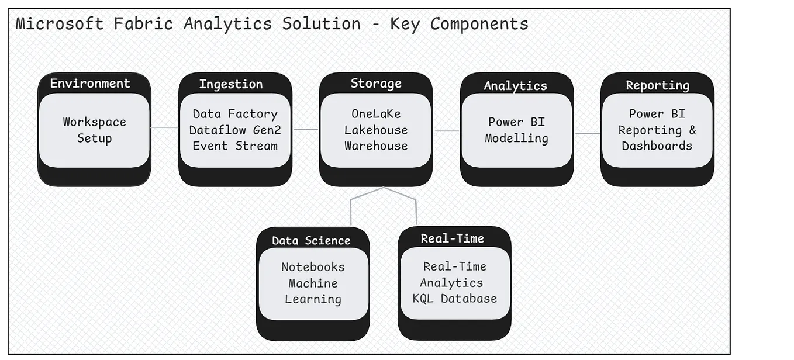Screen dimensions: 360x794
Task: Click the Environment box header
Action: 90,83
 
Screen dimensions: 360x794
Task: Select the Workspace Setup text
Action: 95,130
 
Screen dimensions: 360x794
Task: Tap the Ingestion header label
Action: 230,84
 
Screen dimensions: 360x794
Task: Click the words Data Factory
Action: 235,114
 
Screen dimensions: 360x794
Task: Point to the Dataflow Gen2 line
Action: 235,130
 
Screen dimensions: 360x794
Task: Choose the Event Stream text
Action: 235,146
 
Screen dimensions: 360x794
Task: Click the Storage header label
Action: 376,83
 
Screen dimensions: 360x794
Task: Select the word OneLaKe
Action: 376,114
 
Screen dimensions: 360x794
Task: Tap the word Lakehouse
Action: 376,130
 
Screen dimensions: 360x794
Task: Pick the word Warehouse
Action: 376,146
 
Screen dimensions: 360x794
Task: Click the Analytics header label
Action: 515,86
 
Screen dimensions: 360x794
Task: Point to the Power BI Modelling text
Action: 517,130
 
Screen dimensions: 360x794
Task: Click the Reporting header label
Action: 657,85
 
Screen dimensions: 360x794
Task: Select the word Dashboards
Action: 657,146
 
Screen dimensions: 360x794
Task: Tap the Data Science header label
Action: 311,240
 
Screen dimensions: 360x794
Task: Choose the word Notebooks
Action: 313,267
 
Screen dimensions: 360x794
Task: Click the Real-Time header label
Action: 453,238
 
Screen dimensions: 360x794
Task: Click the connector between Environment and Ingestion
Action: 164,127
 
